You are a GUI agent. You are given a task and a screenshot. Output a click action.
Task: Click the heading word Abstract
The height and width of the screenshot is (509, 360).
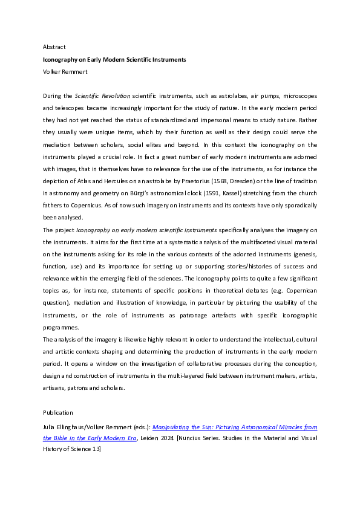pyautogui.click(x=54, y=47)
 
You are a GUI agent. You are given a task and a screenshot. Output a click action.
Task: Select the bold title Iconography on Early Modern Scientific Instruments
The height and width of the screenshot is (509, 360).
pyautogui.click(x=114, y=60)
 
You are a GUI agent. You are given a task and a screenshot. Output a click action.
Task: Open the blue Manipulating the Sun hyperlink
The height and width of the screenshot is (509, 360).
pyautogui.click(x=236, y=427)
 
